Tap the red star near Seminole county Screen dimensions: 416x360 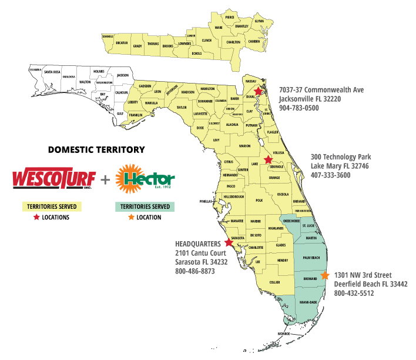click(x=268, y=159)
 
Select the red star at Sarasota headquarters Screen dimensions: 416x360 click(x=229, y=242)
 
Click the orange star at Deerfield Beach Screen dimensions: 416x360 click(x=326, y=275)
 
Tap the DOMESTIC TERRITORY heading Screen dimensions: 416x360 click(x=90, y=151)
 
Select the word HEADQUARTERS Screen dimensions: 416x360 click(x=199, y=244)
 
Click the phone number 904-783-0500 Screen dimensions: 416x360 click(x=299, y=108)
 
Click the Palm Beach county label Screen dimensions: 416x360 click(x=310, y=258)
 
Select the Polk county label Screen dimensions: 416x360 click(x=259, y=200)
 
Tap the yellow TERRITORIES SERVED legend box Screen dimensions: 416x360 click(x=51, y=206)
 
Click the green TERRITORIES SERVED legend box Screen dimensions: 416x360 click(x=145, y=206)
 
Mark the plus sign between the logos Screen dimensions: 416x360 click(x=106, y=178)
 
